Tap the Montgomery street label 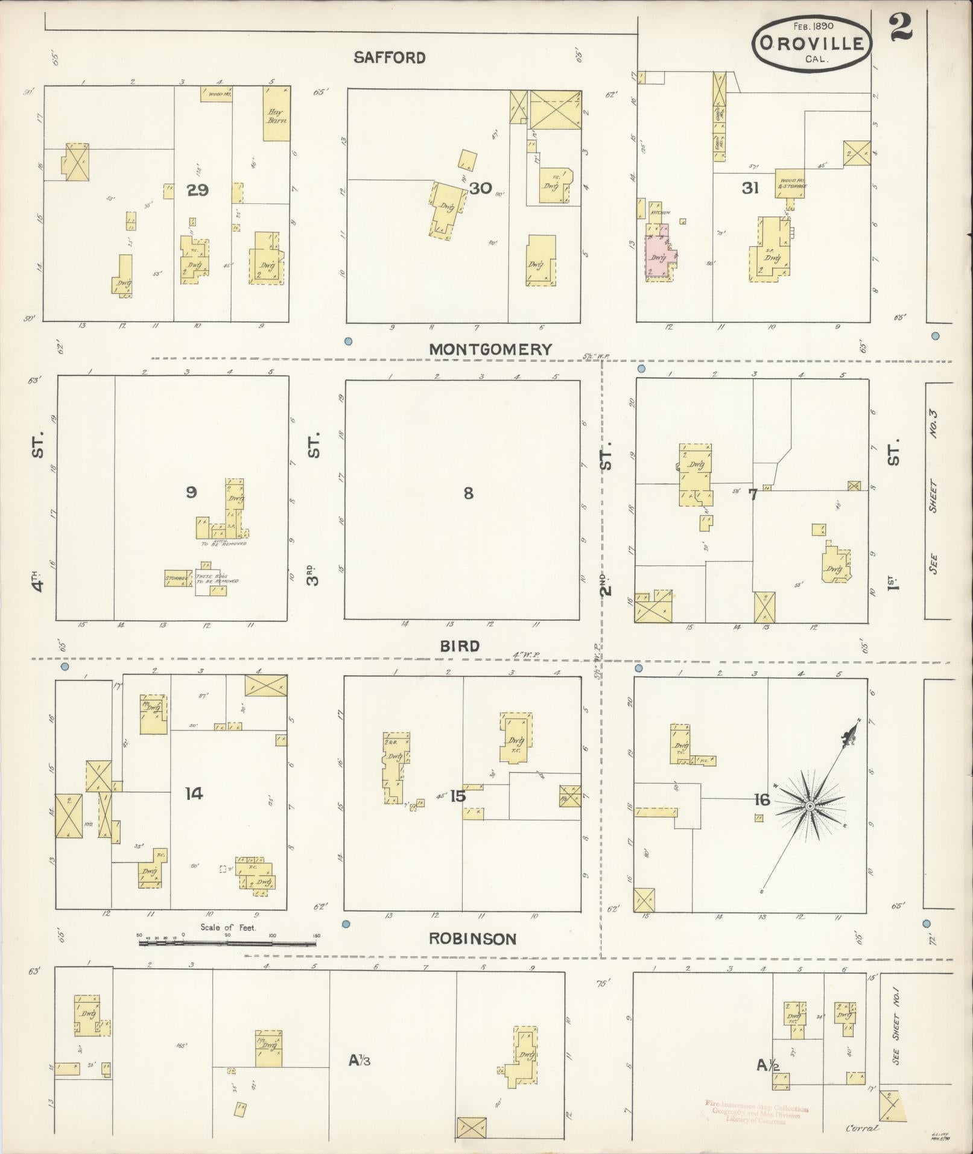(x=490, y=349)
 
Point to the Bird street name (x=460, y=646)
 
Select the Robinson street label (x=473, y=956)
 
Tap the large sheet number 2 (x=900, y=28)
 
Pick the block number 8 (x=468, y=493)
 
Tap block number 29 (x=197, y=190)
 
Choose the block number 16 (x=762, y=800)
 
